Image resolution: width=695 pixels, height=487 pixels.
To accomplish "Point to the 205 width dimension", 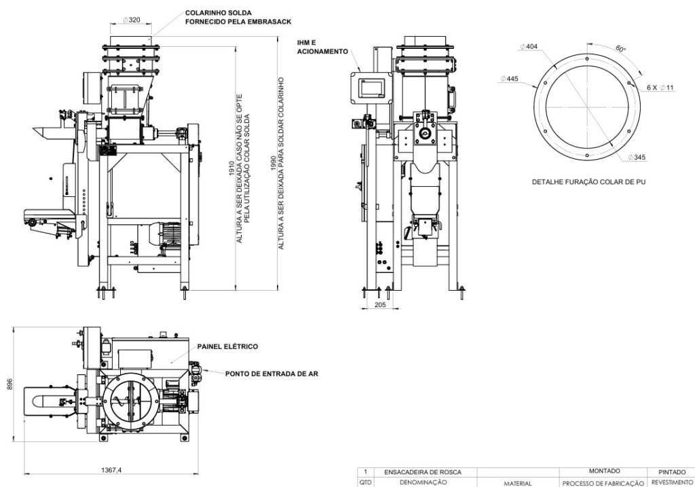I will [x=379, y=305].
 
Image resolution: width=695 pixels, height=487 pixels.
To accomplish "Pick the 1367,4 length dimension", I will [x=108, y=470].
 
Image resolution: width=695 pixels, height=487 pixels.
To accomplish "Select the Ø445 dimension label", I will [x=508, y=79].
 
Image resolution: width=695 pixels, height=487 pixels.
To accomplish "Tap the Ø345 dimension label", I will [x=636, y=158].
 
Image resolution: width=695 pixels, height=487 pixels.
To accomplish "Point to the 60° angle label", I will [x=620, y=49].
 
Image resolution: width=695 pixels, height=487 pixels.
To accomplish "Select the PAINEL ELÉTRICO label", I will [x=227, y=346].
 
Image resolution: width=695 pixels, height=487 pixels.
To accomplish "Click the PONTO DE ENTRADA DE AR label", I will [x=271, y=373].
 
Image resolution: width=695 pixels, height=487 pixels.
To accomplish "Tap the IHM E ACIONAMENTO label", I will [x=322, y=47].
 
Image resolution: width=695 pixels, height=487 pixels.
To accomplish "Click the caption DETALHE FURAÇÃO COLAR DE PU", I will [x=588, y=182].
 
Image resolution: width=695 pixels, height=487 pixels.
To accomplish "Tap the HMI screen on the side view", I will [x=371, y=87].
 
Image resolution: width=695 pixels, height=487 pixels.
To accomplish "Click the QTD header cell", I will [x=366, y=482].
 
